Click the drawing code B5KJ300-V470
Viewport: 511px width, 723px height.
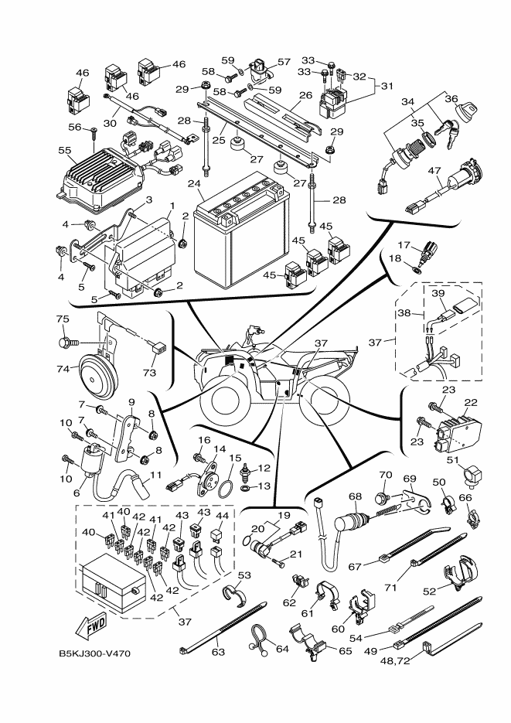tap(94, 653)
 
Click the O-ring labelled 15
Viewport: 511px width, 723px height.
tap(227, 489)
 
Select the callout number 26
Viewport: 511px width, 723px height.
tap(306, 95)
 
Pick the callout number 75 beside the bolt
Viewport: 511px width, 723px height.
tap(63, 319)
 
